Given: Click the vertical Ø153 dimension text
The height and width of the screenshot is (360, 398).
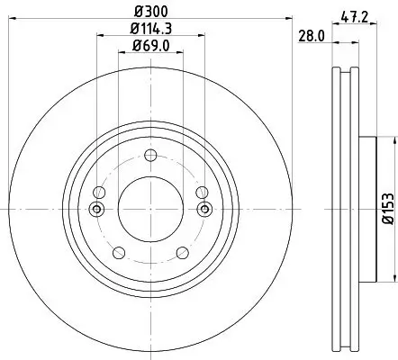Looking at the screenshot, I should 388,208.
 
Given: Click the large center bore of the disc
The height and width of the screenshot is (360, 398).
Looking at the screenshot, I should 151,210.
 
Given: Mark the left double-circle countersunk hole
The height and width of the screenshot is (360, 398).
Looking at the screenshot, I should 98,210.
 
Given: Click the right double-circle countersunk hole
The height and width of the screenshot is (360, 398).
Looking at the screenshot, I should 204,210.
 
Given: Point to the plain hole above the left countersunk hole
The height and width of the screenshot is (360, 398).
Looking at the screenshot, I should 99,193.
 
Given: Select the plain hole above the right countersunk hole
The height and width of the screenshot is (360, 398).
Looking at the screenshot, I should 203,193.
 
